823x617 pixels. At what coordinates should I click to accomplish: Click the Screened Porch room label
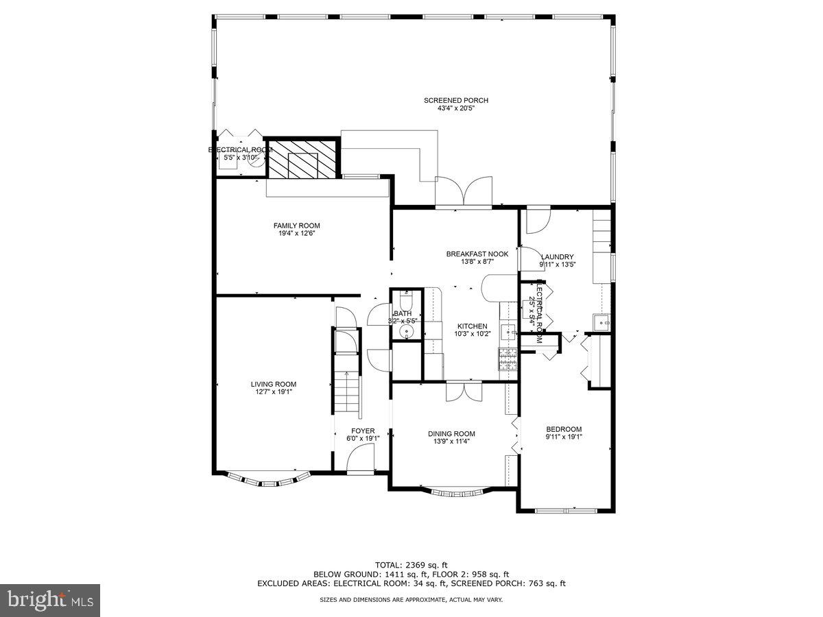[466, 101]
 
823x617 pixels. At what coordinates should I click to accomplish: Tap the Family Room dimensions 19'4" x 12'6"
[296, 234]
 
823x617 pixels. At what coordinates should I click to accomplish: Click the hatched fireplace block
[302, 160]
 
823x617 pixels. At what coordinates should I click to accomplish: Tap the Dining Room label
[451, 433]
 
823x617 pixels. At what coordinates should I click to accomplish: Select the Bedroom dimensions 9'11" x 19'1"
[564, 437]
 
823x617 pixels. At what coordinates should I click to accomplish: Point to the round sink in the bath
[407, 333]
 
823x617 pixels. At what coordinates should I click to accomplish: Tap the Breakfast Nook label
[477, 254]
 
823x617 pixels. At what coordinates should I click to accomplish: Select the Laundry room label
[557, 257]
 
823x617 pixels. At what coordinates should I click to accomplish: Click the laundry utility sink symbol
[601, 322]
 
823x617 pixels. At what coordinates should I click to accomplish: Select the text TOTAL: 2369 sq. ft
[411, 565]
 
